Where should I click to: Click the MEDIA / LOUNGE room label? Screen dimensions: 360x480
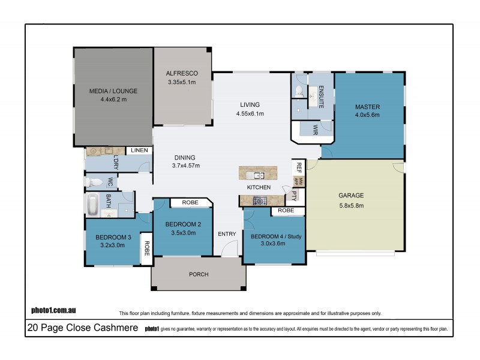tap(113, 91)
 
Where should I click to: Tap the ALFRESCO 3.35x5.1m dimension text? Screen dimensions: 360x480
tap(182, 82)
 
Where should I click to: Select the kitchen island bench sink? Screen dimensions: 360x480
tap(258, 175)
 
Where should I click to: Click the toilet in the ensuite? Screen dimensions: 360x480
tap(298, 91)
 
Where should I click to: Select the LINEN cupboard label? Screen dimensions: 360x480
tap(139, 150)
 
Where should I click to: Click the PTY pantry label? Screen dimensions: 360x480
tap(294, 195)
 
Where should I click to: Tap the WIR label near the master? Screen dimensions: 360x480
tap(316, 128)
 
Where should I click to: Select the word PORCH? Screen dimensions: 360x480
tap(199, 274)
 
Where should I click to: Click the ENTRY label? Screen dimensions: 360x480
tap(227, 234)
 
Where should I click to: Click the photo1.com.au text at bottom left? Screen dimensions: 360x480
tap(53, 311)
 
